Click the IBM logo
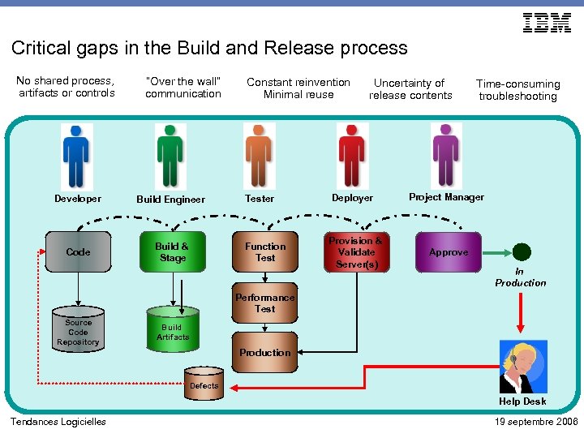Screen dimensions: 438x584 click(547, 24)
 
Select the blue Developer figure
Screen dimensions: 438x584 click(76, 156)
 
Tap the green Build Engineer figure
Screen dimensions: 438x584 click(170, 156)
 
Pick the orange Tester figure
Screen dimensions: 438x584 click(259, 156)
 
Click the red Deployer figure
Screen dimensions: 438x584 click(352, 156)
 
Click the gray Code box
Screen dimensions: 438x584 click(78, 252)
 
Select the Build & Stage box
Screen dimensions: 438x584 click(172, 252)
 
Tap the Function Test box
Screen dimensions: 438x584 click(265, 252)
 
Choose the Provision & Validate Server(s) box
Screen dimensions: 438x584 click(356, 252)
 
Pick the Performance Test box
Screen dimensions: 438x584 click(265, 303)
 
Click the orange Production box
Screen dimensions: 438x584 click(265, 353)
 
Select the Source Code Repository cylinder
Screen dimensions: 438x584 click(78, 328)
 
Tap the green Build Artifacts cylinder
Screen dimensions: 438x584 click(172, 328)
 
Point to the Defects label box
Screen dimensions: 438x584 click(204, 386)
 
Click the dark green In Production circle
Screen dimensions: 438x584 click(522, 251)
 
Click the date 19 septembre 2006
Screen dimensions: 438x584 click(535, 422)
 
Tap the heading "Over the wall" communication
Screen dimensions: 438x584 click(183, 88)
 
